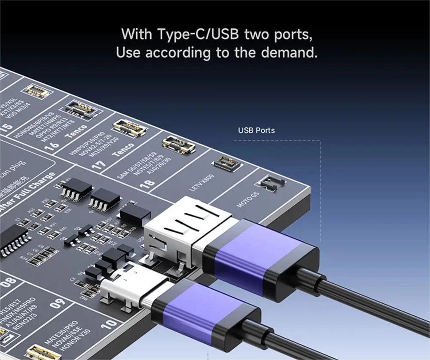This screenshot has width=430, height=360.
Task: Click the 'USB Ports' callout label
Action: (256, 130)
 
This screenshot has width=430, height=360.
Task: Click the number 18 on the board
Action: (147, 183)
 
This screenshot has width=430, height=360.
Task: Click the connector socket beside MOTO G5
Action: (271, 183)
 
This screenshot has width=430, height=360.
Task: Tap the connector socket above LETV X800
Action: (226, 163)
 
